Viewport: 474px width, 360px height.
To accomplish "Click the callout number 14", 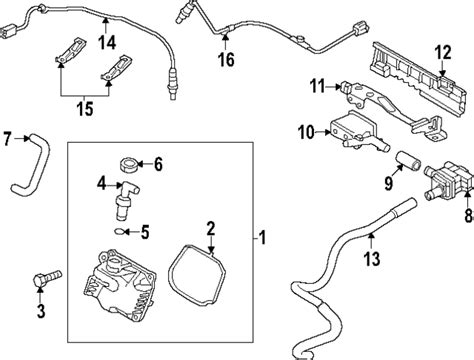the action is coord(107,43).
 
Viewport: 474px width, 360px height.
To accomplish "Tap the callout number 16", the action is coord(226,60).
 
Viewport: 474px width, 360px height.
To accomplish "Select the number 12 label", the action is coord(443,52).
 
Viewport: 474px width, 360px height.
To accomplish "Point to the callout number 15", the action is coord(85,109).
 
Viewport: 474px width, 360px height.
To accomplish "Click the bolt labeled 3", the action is coord(47,278).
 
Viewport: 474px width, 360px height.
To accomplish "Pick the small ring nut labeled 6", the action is coord(128,165).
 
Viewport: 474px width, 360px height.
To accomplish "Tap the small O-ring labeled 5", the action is coord(118,231).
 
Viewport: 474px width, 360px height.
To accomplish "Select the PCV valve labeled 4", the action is coord(126,199).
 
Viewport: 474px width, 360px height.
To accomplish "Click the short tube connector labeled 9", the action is coord(408,161).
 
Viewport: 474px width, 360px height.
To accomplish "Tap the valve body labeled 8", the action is coord(448,182).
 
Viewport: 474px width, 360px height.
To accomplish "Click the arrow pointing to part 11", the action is coord(333,87).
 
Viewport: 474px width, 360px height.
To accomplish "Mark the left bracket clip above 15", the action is coord(71,50).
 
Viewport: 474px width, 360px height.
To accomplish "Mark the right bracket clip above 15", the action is coord(117,68).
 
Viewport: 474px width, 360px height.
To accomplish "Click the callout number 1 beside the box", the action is coord(263,238).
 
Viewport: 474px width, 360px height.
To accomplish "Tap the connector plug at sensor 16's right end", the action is coord(360,28).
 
